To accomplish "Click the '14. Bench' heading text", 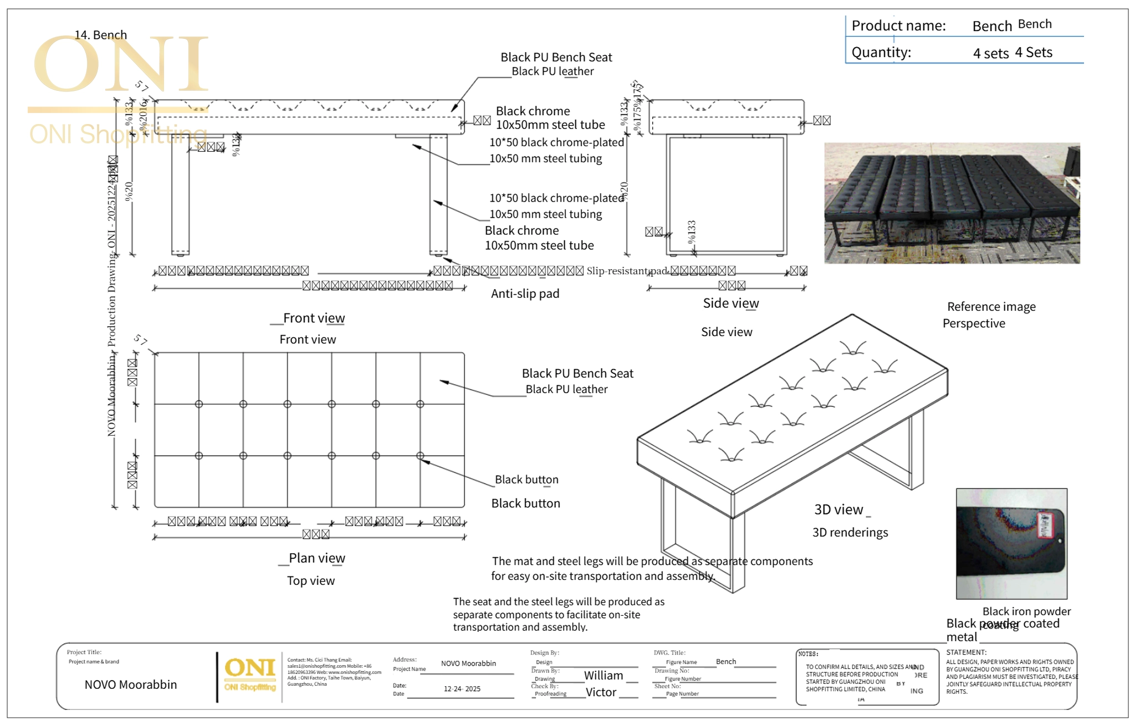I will tap(101, 35).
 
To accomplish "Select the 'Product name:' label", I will tap(898, 26).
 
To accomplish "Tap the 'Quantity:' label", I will tap(881, 53).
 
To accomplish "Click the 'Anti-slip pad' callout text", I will tap(525, 294).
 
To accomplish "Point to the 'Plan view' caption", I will tap(316, 558).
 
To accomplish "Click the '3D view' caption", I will tap(838, 509).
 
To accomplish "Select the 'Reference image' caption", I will tap(991, 307).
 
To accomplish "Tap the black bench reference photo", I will tap(952, 203).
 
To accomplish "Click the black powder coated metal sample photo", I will tap(1011, 543).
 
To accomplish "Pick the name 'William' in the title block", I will tap(603, 676).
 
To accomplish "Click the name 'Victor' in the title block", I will tap(601, 692).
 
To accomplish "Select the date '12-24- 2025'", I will tap(462, 689).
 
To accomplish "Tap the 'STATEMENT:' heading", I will tap(966, 652).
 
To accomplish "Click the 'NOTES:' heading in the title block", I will tap(808, 654).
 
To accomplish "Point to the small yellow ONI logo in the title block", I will tap(250, 673).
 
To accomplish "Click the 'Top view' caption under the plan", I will tap(310, 581).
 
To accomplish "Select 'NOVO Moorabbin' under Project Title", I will tap(130, 684).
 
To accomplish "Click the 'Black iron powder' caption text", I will tap(1026, 611).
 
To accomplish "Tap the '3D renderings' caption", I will tap(850, 533).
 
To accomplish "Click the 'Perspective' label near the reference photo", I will tap(973, 323).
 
